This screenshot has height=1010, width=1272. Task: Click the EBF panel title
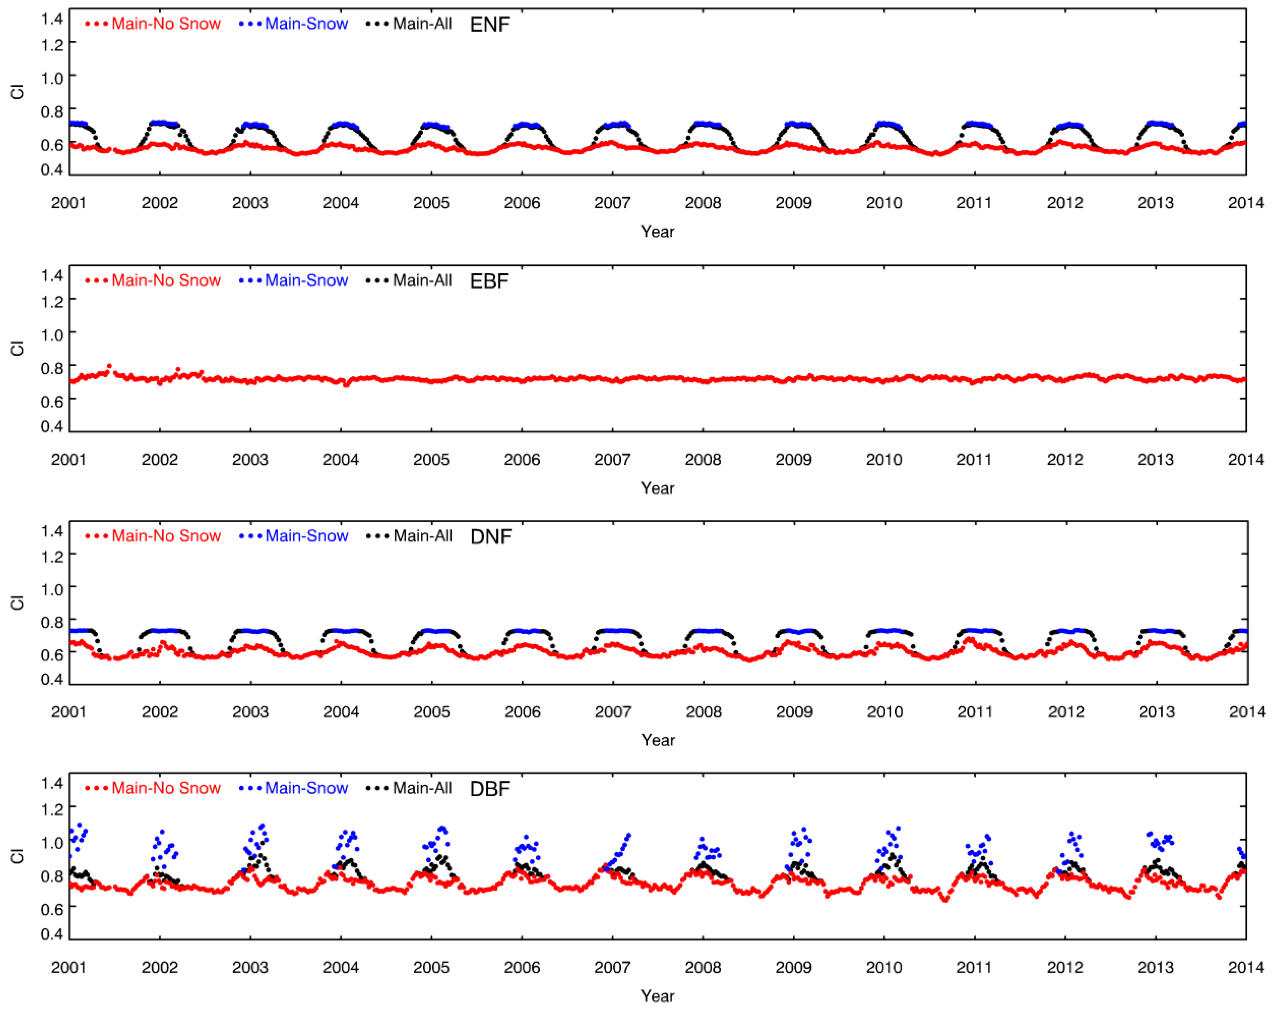(489, 281)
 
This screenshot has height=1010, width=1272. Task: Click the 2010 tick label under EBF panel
(883, 460)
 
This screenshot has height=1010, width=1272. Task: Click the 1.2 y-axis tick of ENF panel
(51, 45)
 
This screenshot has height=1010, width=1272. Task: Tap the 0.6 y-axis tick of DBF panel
(51, 909)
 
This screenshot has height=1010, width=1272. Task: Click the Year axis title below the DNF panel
(658, 740)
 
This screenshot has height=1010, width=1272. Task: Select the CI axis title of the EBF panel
(17, 348)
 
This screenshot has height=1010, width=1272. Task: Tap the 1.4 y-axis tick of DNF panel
(51, 531)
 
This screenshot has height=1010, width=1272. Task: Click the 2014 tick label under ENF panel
(1246, 203)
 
